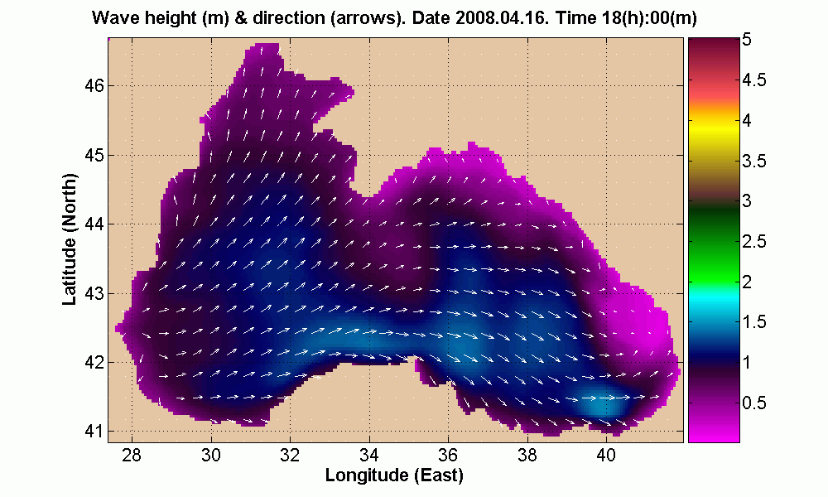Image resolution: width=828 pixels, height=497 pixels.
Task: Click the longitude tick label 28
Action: coord(132,455)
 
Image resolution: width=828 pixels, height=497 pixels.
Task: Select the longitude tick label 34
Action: coord(369,455)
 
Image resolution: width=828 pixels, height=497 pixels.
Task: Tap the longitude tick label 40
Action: coord(606,455)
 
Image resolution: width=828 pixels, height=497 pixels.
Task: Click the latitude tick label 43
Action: coord(94,292)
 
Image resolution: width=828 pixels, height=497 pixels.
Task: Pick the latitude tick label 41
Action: coord(94,431)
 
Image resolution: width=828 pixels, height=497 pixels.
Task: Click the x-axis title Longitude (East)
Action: coord(393,475)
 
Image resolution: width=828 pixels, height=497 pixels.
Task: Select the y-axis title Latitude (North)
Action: coord(70,246)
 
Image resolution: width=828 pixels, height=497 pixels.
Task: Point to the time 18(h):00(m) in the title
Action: coord(629,18)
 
